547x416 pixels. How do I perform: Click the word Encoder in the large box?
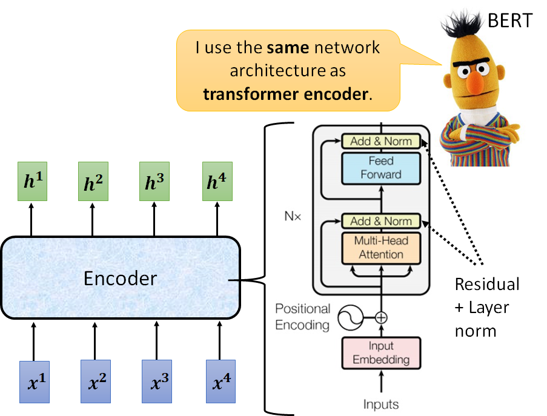pyautogui.click(x=120, y=278)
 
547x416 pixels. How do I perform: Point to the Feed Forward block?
pyautogui.click(x=381, y=168)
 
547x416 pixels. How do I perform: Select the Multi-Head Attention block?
pyautogui.click(x=381, y=248)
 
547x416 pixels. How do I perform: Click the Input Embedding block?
pyautogui.click(x=381, y=353)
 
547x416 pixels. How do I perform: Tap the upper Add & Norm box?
pyautogui.click(x=381, y=141)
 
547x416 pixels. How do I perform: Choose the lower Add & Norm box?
pyautogui.click(x=381, y=221)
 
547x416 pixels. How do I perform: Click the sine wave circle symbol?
pyautogui.click(x=350, y=317)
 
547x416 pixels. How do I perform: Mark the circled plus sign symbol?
pyautogui.click(x=381, y=317)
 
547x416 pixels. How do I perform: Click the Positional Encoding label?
pyautogui.click(x=302, y=317)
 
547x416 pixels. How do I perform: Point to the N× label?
pyautogui.click(x=292, y=215)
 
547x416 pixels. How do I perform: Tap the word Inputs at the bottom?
pyautogui.click(x=381, y=403)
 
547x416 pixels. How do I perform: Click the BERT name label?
pyautogui.click(x=509, y=21)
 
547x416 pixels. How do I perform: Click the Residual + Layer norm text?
pyautogui.click(x=486, y=307)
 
